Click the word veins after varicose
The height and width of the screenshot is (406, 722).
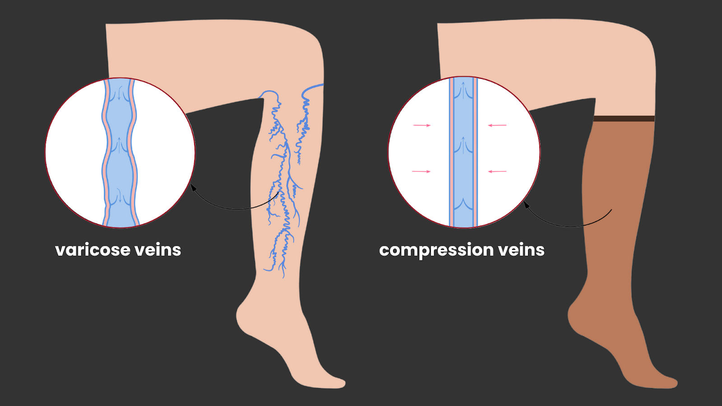[x=157, y=250]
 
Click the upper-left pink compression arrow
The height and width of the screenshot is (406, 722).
[x=422, y=125]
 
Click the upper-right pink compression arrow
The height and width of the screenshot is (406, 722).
[x=497, y=125]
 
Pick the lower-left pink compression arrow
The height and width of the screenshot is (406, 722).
[x=421, y=171]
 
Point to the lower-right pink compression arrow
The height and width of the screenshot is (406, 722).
[x=497, y=171]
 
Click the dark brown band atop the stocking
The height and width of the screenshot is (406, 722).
[x=624, y=119]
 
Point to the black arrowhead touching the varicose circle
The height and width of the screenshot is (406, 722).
[x=193, y=187]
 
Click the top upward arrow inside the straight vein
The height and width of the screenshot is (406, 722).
[x=463, y=90]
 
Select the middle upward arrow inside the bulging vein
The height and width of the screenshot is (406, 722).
[x=119, y=145]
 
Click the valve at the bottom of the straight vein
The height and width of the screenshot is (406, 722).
[x=463, y=205]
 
